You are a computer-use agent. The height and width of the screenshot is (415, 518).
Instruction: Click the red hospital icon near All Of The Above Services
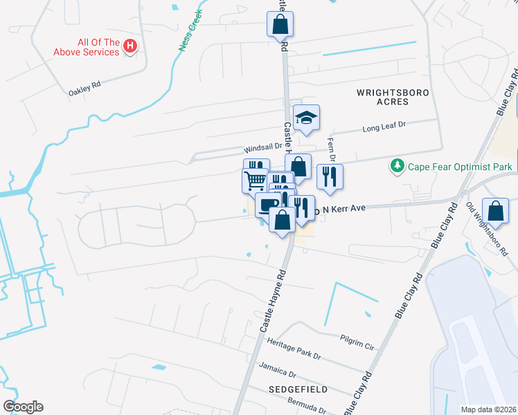click(129, 46)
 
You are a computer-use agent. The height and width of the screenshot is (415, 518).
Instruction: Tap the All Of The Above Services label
click(89, 46)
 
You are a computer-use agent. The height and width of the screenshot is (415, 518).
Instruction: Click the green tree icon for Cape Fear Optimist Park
click(398, 166)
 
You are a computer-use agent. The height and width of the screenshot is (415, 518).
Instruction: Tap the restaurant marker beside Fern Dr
click(330, 175)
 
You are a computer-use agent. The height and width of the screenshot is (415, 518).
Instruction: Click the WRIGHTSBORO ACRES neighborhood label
click(393, 97)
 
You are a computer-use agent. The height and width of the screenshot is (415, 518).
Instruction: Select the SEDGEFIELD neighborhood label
click(298, 390)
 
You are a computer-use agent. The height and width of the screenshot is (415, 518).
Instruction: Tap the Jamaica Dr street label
click(277, 366)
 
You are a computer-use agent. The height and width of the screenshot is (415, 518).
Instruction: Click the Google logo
click(23, 406)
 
